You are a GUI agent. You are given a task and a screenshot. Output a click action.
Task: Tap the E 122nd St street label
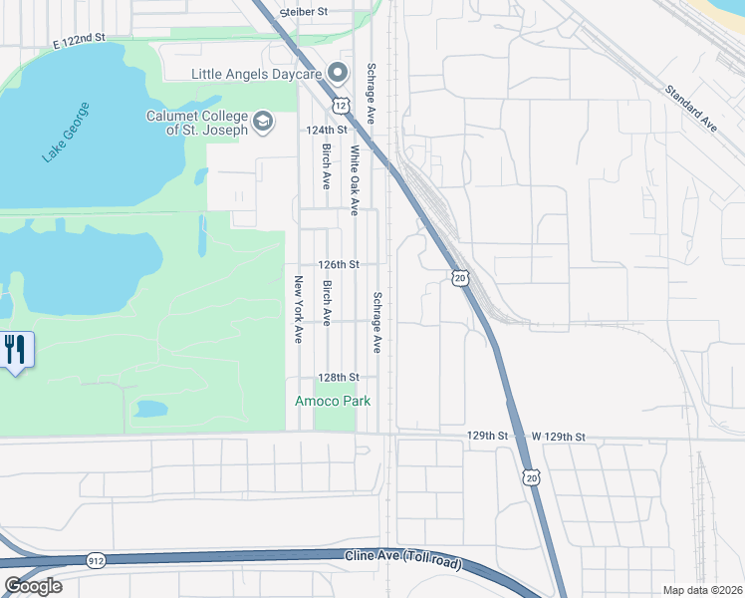click(80, 38)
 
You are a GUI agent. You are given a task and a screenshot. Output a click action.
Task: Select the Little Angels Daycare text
click(257, 73)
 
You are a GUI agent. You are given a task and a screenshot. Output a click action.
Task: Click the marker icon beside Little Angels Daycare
click(337, 73)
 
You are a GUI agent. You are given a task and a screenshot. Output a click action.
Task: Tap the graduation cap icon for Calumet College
click(263, 122)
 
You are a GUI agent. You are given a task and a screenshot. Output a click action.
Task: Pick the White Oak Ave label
click(354, 180)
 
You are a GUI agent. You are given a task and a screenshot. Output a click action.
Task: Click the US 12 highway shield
click(342, 105)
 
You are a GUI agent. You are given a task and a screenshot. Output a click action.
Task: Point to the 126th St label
click(338, 265)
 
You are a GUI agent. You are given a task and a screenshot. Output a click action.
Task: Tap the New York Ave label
click(297, 310)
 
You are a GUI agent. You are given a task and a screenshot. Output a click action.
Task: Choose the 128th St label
click(337, 379)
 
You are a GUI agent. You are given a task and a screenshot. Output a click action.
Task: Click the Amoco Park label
click(333, 401)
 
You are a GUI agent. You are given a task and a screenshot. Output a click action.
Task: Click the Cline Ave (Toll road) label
click(403, 560)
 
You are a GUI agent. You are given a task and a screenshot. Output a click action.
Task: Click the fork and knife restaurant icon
click(15, 350)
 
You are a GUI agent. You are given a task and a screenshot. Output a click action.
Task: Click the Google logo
click(33, 586)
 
